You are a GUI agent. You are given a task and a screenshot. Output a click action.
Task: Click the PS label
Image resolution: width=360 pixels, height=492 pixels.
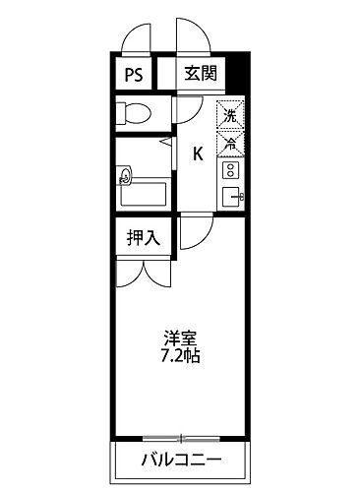coord(134,74)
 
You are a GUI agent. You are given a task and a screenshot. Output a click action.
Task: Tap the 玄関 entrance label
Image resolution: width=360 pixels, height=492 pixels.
coord(201,74)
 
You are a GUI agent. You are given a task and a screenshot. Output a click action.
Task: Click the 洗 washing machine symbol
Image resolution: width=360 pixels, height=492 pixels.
coord(230,115)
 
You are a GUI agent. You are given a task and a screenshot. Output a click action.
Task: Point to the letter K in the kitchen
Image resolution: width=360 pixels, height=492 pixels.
coord(197,153)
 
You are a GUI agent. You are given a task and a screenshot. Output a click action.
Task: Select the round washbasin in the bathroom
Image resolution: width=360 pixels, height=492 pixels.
coord(125,178)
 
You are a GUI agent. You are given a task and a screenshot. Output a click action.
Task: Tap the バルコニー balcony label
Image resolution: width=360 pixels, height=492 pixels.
coord(179,459)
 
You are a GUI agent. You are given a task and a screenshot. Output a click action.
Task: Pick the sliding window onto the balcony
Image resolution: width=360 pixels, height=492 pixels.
coord(179,438)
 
